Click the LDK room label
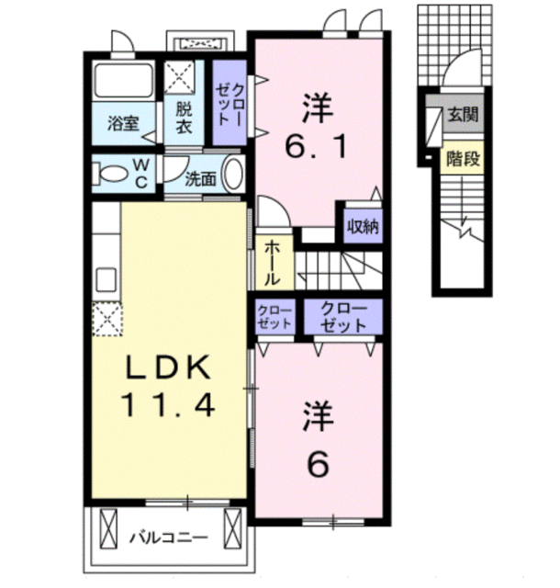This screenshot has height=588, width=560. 168,367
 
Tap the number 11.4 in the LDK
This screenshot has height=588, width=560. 168,404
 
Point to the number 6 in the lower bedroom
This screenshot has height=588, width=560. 318,463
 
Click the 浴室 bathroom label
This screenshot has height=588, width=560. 123,124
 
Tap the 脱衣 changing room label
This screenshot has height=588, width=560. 184,118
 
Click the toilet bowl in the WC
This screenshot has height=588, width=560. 111,174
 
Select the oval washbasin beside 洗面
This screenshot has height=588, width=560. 233,174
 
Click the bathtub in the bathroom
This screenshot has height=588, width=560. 124,81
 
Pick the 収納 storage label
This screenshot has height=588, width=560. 363,226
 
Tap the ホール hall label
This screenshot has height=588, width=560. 272,264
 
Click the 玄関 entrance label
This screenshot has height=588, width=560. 464,114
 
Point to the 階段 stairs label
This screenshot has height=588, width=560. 463,159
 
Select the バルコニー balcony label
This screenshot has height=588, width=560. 168,537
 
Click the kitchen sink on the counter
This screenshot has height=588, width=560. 106,279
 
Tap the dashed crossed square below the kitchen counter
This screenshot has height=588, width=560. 107,319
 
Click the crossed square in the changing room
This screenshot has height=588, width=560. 180,77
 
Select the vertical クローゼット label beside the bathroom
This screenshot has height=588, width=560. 230,105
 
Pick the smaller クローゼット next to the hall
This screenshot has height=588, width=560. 274,317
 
